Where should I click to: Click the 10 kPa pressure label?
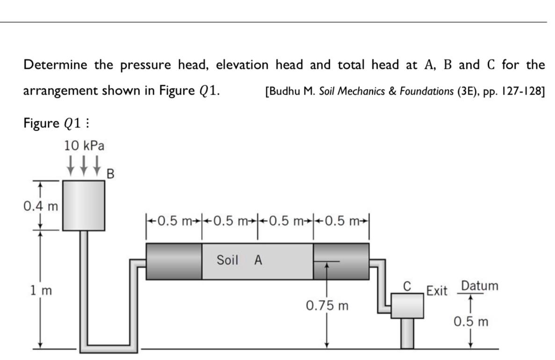click(x=85, y=146)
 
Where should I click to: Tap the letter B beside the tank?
click(x=110, y=174)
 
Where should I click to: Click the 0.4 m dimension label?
click(x=40, y=206)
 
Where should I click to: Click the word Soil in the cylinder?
click(x=228, y=260)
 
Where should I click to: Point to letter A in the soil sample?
click(x=258, y=260)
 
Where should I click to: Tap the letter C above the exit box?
click(x=407, y=285)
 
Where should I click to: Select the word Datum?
click(x=479, y=286)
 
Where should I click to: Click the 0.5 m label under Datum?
click(x=471, y=322)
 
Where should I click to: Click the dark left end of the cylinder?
click(x=174, y=261)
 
